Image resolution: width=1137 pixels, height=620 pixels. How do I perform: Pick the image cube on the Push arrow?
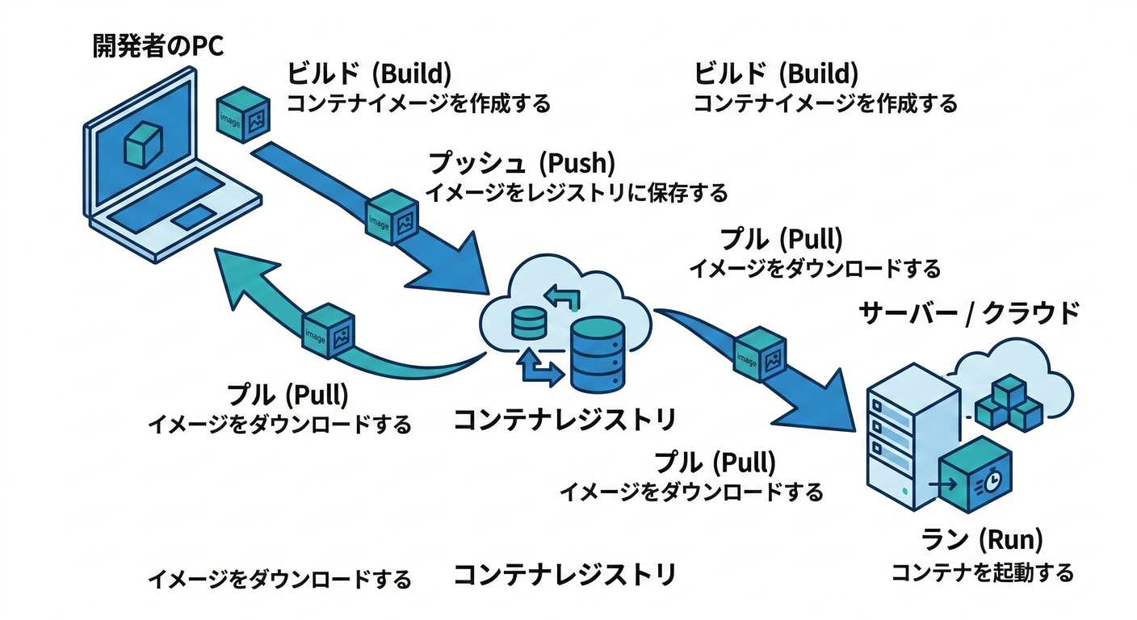point(392,216)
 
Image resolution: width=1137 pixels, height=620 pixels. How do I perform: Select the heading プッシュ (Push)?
point(521,164)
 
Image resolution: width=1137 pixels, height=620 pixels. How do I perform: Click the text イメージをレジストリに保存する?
point(576,193)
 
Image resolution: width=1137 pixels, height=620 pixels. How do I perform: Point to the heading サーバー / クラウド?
point(968,313)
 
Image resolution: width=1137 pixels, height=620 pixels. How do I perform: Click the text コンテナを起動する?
point(982,573)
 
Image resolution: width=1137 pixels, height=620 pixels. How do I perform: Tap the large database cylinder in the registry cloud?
point(596,353)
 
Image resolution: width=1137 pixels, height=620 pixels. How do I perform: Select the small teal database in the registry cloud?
point(530,323)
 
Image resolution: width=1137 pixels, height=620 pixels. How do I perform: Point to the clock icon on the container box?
point(993,482)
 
